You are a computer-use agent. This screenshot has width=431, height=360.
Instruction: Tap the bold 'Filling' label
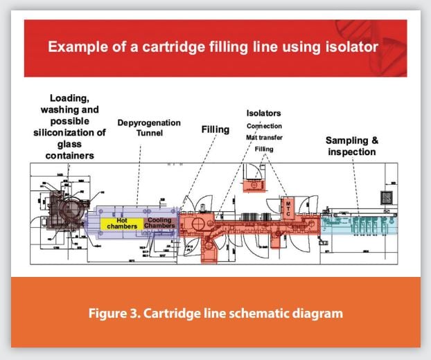point(215,129)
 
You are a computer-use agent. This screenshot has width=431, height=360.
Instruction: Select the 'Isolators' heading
point(263,113)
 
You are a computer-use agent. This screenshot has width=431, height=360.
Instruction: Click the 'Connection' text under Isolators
point(265,126)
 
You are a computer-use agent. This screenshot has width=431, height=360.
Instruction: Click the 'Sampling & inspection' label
point(351,146)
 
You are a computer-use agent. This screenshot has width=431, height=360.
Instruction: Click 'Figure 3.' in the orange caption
point(116,313)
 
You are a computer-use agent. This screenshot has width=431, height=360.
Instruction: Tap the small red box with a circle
point(254,183)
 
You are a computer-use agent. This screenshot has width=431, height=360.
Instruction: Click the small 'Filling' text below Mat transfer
point(263,149)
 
